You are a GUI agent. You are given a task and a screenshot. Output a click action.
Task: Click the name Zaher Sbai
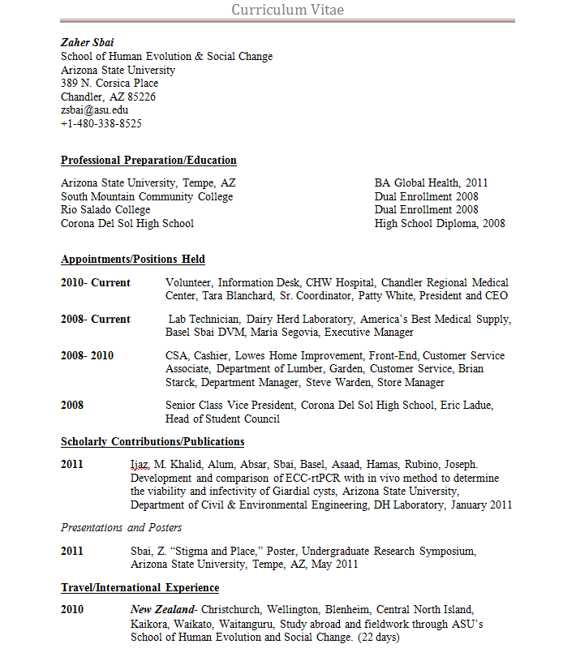coord(87,42)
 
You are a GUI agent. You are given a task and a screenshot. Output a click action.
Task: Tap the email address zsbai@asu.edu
coord(94,110)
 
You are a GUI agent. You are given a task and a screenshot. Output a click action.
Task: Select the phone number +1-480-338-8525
coord(101,124)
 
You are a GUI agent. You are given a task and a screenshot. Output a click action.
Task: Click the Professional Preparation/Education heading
coord(148,161)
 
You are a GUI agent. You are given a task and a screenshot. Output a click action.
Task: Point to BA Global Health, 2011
coord(431,183)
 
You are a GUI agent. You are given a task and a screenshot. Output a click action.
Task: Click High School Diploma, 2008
coord(440,224)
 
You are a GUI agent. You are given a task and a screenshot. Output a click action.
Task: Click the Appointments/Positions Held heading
coord(133,260)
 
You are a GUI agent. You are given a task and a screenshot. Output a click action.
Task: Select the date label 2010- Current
coord(96,282)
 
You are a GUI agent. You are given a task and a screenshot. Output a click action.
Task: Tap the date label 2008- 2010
coord(87,356)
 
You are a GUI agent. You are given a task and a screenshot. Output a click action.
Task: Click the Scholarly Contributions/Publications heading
coord(153,442)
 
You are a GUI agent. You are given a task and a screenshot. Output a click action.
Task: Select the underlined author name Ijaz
coord(140,465)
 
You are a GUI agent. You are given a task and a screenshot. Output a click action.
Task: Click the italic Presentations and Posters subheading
coord(121,528)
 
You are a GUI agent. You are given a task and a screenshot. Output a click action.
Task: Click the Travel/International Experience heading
coord(140,588)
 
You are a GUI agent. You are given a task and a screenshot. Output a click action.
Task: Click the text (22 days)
coord(379,638)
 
